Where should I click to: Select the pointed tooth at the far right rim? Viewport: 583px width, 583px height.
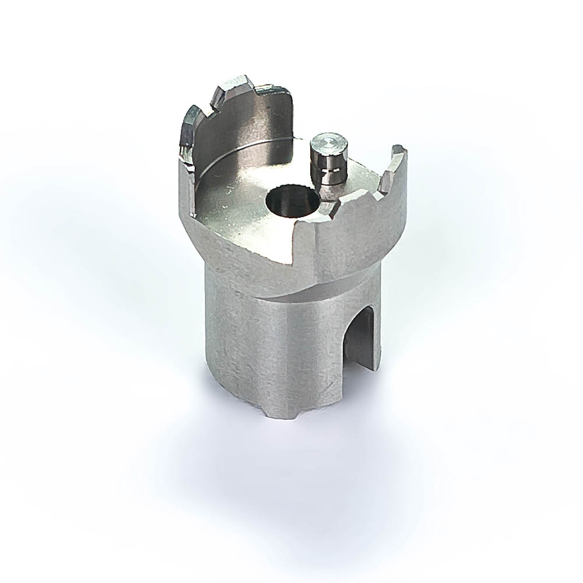click(x=397, y=153)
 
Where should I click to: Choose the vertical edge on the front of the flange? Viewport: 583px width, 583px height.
click(x=315, y=251)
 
